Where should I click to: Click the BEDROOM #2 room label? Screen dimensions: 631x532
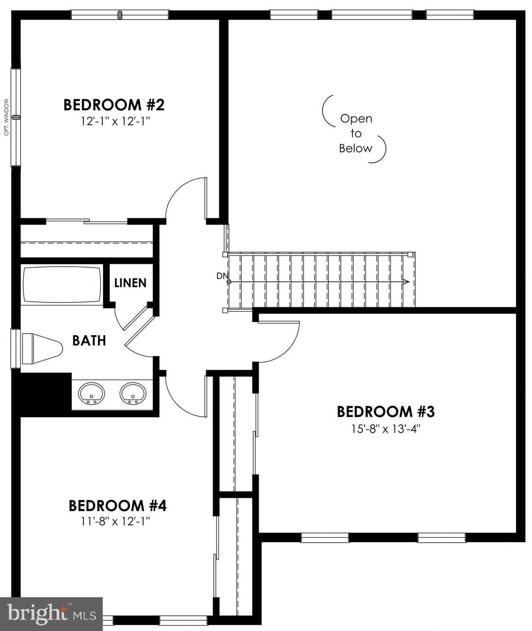tap(114, 105)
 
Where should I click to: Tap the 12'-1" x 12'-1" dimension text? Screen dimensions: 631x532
tap(114, 121)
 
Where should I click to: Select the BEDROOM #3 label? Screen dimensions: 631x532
tap(386, 412)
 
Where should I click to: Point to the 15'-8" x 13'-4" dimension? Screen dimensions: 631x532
tap(386, 429)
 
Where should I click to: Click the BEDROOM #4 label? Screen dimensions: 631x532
tap(118, 505)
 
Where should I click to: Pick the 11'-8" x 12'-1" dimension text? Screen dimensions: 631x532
tap(116, 522)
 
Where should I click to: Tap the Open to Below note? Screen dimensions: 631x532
tap(356, 133)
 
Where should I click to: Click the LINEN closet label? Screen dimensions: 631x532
tap(130, 283)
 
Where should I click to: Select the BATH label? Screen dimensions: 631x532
tap(89, 341)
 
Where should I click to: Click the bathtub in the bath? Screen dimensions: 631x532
tap(62, 285)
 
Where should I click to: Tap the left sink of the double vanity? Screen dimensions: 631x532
tap(91, 394)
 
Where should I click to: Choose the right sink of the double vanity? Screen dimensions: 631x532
tap(133, 394)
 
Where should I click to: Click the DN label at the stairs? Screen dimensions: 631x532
tap(222, 276)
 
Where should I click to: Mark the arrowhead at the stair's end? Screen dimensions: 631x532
tap(406, 282)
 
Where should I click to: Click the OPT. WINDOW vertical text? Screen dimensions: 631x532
tap(6, 117)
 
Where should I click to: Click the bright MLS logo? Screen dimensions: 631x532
tap(51, 614)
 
